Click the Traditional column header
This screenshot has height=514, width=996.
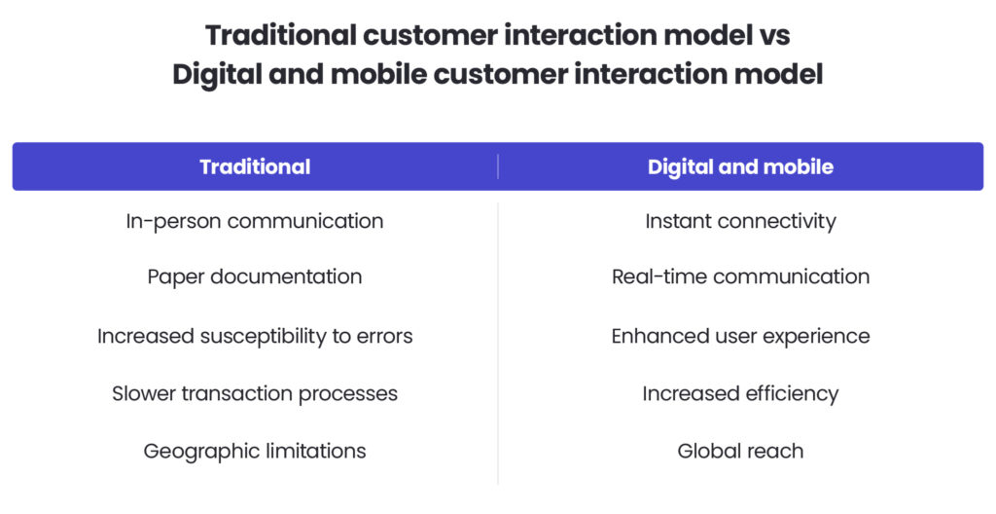(255, 166)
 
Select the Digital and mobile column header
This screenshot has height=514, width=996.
(740, 166)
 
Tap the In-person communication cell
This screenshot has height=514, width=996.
(255, 221)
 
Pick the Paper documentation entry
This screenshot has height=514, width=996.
(255, 276)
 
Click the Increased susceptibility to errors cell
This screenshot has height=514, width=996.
(255, 336)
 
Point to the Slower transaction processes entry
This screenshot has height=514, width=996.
(255, 393)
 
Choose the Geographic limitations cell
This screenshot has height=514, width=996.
(255, 451)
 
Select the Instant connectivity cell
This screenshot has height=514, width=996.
(740, 221)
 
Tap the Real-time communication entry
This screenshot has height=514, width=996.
(740, 276)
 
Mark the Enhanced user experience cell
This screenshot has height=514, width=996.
(740, 336)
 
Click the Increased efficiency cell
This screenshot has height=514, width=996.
(740, 393)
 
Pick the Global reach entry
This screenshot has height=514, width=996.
(740, 451)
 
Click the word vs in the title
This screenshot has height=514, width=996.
(773, 36)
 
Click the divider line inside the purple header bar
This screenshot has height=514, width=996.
(498, 166)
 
